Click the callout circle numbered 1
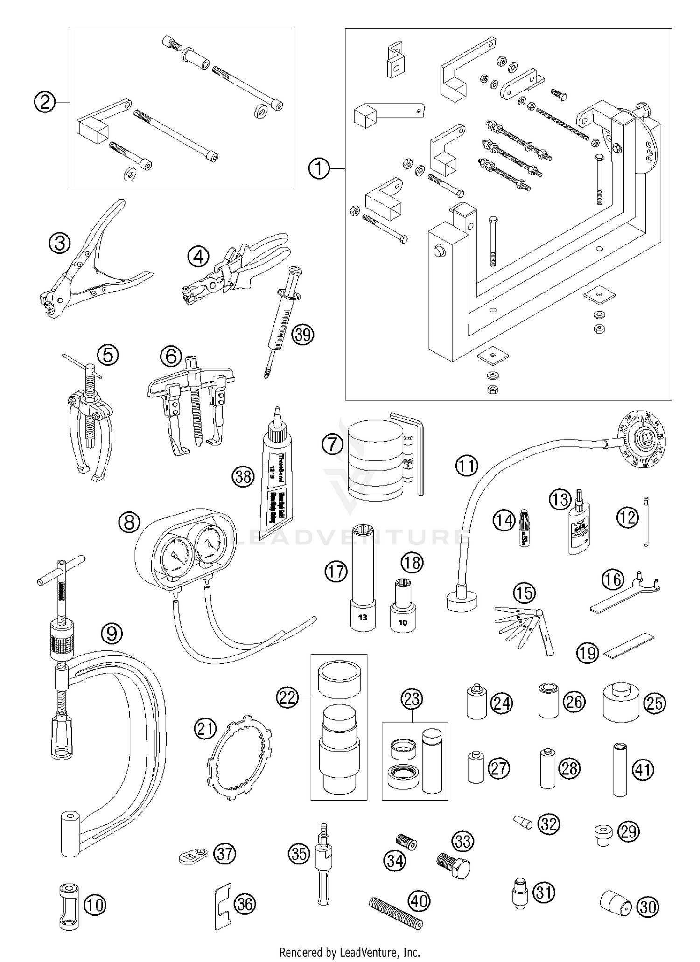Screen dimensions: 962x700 pyautogui.click(x=319, y=168)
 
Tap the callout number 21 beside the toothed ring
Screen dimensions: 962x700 pyautogui.click(x=206, y=729)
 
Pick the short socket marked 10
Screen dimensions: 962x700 pyautogui.click(x=402, y=607)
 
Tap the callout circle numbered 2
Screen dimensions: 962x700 pyautogui.click(x=45, y=102)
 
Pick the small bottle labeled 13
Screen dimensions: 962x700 pyautogui.click(x=577, y=529)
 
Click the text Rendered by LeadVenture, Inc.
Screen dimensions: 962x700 pyautogui.click(x=350, y=952)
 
